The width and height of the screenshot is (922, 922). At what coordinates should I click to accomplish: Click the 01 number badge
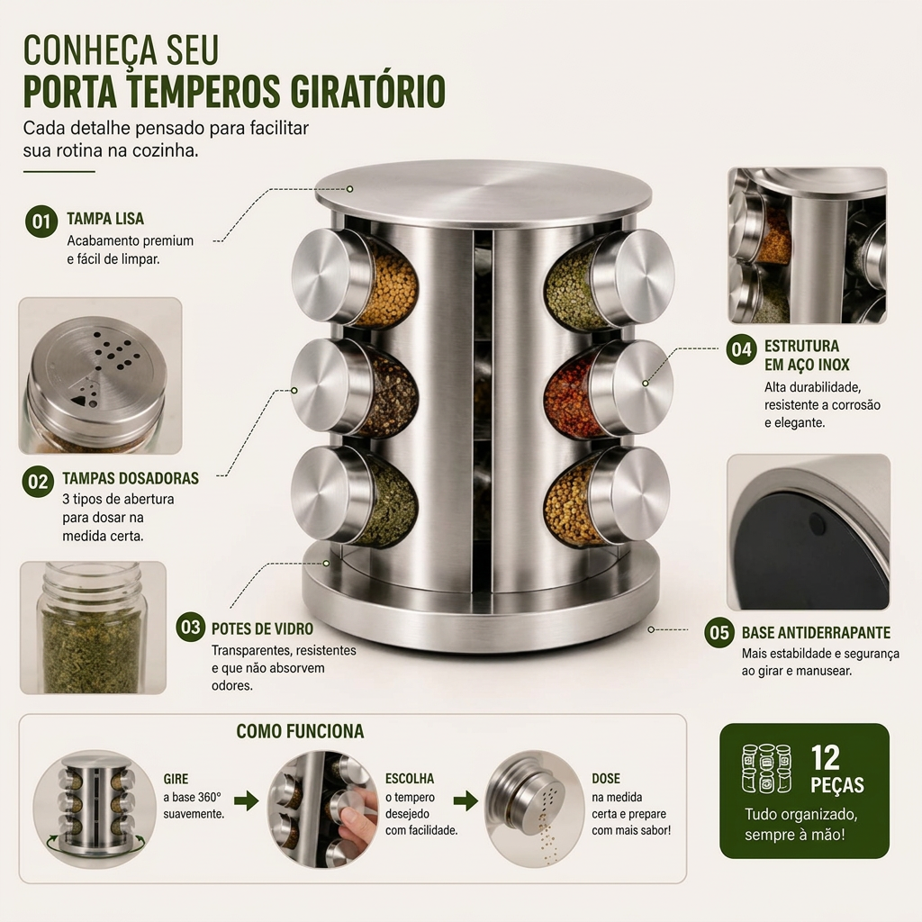[x=41, y=221]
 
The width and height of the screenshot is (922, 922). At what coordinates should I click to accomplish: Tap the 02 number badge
[x=38, y=482]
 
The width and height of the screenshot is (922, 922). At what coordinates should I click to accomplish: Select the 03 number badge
[x=191, y=628]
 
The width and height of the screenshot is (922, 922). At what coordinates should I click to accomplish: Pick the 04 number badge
[x=742, y=350]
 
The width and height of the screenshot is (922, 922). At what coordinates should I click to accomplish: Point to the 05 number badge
[x=719, y=633]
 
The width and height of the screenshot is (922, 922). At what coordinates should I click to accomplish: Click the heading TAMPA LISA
[x=105, y=219]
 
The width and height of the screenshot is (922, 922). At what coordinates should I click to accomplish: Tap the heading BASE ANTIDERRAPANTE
[x=816, y=633]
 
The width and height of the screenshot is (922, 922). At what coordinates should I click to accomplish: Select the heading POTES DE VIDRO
[x=262, y=628]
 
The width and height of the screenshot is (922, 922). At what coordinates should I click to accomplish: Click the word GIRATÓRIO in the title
[x=368, y=91]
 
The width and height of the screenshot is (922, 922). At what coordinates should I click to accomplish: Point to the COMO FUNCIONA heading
[x=300, y=731]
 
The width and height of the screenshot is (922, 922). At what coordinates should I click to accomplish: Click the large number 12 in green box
[x=826, y=758]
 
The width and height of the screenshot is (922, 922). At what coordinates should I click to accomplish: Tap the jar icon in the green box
[x=765, y=768]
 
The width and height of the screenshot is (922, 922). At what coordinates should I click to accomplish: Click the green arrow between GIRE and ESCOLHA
[x=247, y=800]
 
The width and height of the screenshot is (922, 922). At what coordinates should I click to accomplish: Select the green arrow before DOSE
[x=466, y=800]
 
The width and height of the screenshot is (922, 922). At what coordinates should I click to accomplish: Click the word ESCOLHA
[x=410, y=779]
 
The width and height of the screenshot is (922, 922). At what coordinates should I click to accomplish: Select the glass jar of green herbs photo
[x=93, y=628]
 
